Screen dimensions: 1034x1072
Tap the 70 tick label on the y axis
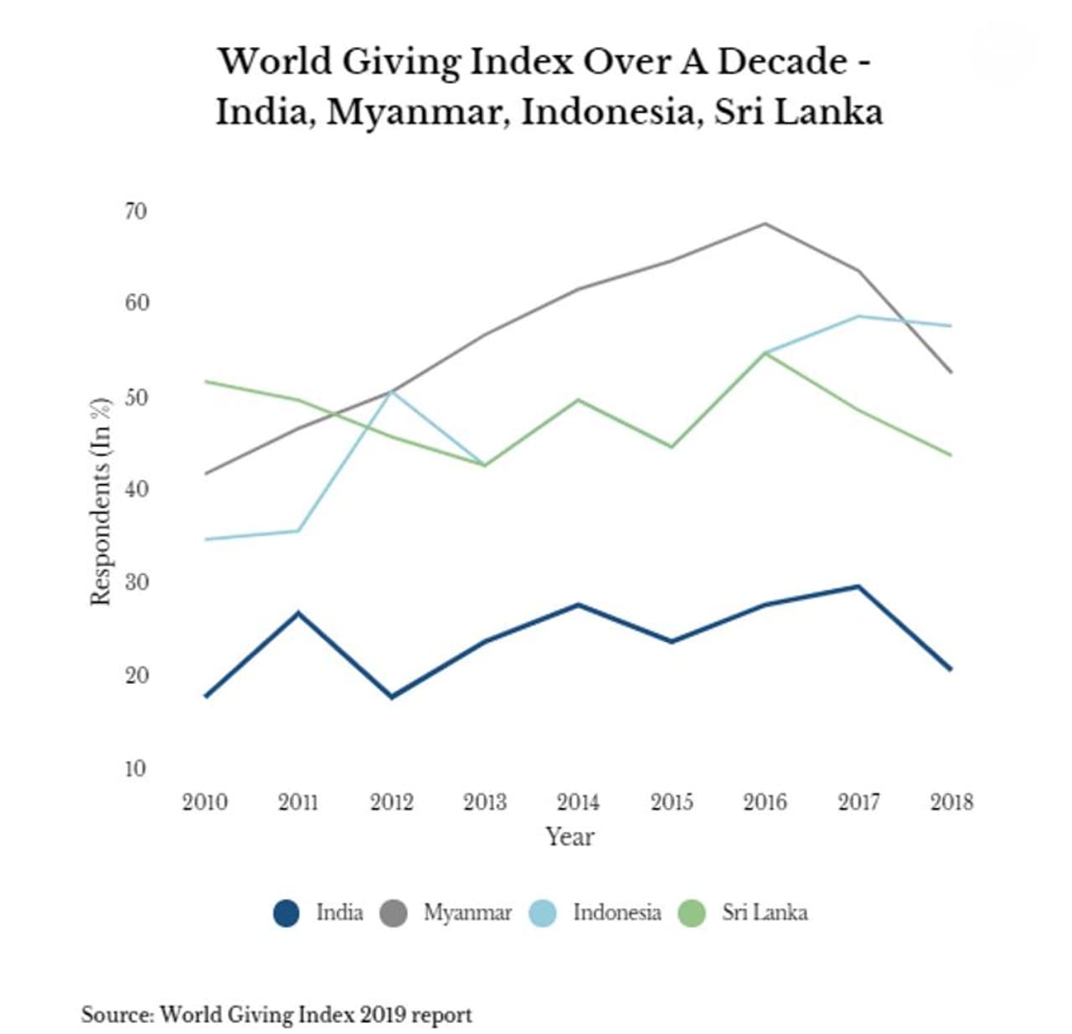click(135, 211)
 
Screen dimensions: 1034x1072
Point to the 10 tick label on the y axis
click(135, 768)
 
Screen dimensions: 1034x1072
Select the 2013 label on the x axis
click(485, 802)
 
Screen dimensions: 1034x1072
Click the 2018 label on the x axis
click(951, 802)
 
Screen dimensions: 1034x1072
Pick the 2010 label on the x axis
click(204, 802)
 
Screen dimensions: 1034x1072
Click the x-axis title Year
click(569, 836)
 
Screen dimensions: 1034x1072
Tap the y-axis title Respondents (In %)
click(100, 501)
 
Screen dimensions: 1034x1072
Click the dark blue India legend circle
click(286, 913)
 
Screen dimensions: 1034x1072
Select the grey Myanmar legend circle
click(394, 913)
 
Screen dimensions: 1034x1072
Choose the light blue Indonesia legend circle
click(543, 913)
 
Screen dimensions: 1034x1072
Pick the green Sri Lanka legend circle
click(693, 913)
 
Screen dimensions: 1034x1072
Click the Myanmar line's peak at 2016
click(765, 224)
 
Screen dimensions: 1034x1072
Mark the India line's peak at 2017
click(858, 586)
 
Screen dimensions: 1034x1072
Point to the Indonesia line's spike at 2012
click(392, 391)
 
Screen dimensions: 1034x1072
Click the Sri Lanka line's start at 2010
click(206, 382)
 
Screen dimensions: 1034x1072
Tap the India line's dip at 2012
click(392, 697)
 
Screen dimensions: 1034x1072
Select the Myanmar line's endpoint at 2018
click(951, 372)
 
